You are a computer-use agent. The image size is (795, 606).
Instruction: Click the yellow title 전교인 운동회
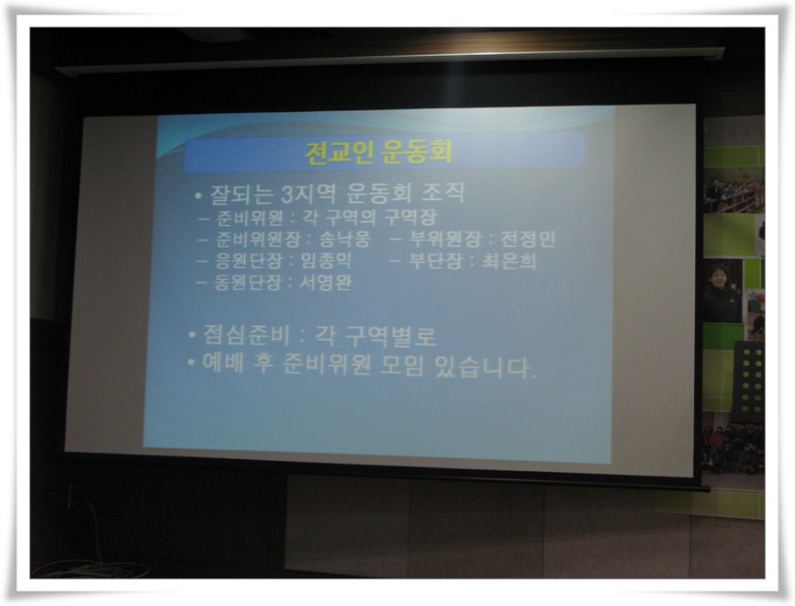(x=379, y=151)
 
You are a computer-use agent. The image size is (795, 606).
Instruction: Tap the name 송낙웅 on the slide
(x=345, y=239)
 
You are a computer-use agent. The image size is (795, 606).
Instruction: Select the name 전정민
(x=528, y=239)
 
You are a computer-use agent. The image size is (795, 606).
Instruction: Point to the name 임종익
(x=326, y=261)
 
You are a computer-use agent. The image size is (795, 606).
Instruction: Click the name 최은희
(x=509, y=261)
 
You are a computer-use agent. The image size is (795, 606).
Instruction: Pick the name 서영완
(x=325, y=283)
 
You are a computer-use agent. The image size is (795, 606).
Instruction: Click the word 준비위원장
(x=258, y=239)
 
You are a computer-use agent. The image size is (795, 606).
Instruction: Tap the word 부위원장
(x=444, y=239)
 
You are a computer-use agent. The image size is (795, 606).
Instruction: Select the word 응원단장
(x=249, y=261)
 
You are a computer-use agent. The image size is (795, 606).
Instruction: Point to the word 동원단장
(x=248, y=283)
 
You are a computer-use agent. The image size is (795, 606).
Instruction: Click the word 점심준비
(x=246, y=335)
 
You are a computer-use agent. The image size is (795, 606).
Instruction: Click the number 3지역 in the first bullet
(x=308, y=193)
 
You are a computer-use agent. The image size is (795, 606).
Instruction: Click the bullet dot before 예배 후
(x=191, y=362)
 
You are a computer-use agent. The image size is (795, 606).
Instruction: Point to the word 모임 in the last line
(x=403, y=366)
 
